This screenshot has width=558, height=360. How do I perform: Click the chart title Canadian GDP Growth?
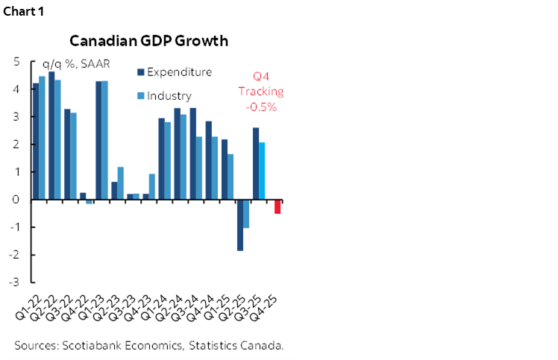(x=148, y=40)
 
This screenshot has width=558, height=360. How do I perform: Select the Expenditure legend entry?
(x=179, y=72)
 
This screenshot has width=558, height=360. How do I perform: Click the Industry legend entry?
(x=169, y=95)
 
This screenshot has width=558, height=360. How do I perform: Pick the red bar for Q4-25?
(x=278, y=206)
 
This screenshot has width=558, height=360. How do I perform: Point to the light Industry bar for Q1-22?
(x=42, y=138)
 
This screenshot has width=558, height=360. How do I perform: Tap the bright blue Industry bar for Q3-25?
(x=262, y=171)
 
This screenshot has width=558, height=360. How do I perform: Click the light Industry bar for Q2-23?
(x=121, y=183)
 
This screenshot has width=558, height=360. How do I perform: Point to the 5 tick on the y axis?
(x=16, y=62)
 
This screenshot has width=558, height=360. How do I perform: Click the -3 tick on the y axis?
(x=15, y=282)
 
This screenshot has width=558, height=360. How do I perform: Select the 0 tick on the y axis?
(x=16, y=200)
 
